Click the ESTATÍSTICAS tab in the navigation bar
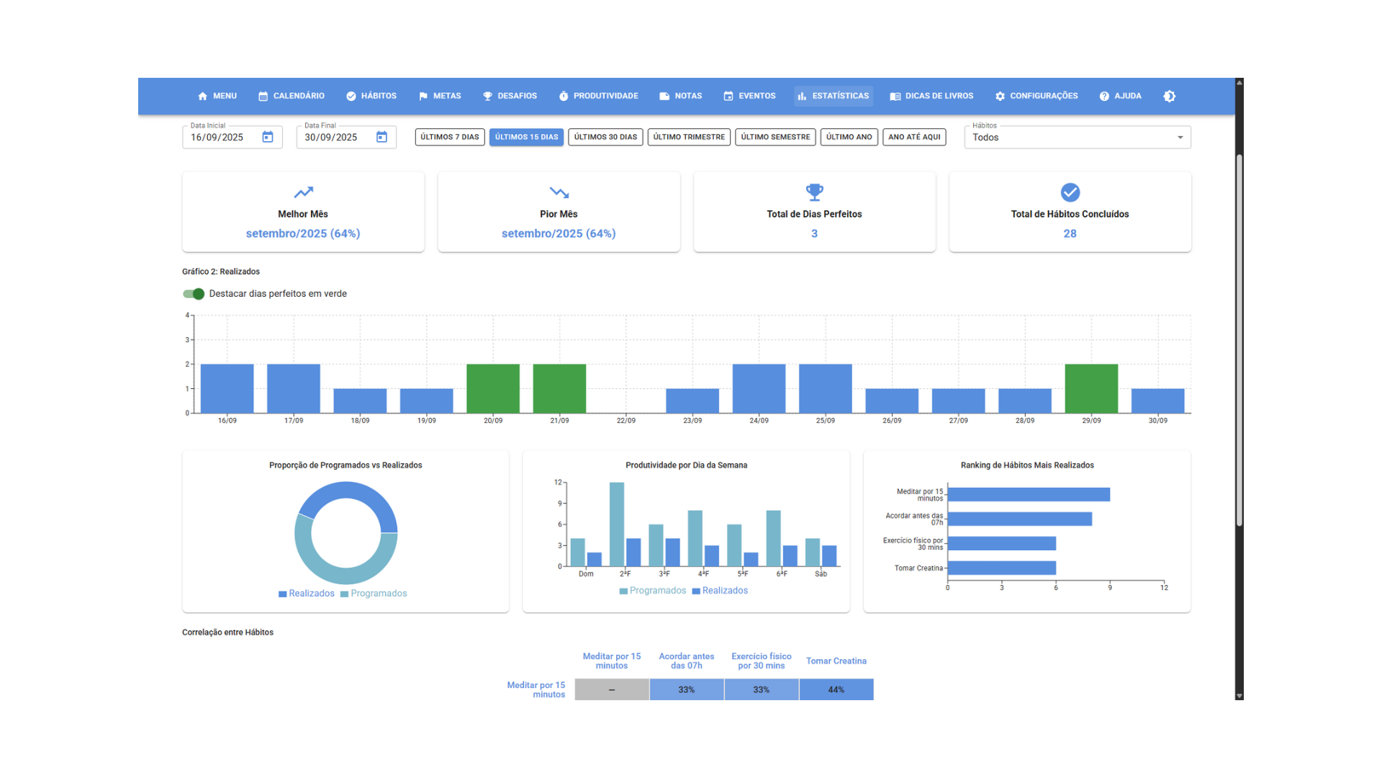[834, 96]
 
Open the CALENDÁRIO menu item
[292, 96]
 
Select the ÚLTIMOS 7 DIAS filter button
[450, 137]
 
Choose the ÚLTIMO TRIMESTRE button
[689, 137]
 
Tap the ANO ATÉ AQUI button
[914, 137]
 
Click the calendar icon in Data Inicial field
[268, 137]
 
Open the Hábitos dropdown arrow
[1180, 138]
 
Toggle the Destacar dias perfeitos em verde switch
[194, 294]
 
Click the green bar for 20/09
[493, 388]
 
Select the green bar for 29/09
[1091, 388]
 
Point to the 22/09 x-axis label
[626, 421]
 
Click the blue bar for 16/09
[227, 388]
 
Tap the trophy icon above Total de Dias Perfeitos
[814, 192]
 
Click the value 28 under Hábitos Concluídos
[1070, 233]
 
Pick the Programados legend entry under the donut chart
[374, 594]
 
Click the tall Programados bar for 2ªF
[617, 524]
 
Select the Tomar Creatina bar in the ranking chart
[1002, 568]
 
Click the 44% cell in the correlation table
[836, 689]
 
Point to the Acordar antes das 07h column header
[687, 661]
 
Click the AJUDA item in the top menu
[1121, 96]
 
